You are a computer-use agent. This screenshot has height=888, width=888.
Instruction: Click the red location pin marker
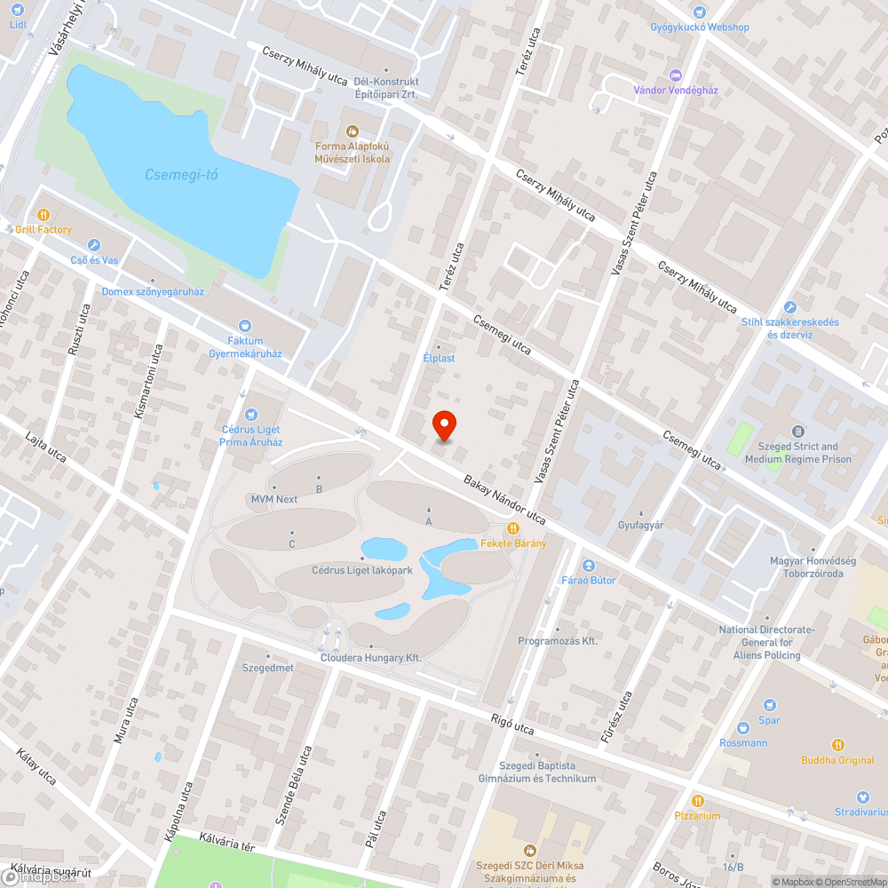point(443,425)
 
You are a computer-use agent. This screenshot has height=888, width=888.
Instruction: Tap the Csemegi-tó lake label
point(181,175)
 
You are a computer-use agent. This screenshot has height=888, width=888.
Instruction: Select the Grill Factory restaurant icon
point(43,215)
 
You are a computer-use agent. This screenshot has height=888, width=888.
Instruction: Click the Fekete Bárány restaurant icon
point(513,528)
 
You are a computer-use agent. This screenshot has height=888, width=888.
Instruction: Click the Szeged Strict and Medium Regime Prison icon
point(797,432)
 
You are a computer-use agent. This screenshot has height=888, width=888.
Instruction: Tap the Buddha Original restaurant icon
point(837,745)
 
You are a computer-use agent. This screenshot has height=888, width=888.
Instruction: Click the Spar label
point(769,720)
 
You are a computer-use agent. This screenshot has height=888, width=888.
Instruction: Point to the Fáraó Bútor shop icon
point(588,566)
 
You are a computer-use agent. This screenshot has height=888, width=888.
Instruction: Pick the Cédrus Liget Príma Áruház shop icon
point(251,414)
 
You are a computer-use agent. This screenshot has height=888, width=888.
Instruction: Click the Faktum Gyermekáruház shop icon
point(245,326)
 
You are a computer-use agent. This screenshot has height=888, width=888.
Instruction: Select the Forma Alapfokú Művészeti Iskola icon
point(352,131)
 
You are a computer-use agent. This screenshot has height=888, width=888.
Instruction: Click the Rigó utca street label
point(512,724)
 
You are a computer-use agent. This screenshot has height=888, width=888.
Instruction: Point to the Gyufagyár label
point(641,525)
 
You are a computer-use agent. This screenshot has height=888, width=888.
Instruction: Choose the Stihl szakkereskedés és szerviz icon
point(789,307)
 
